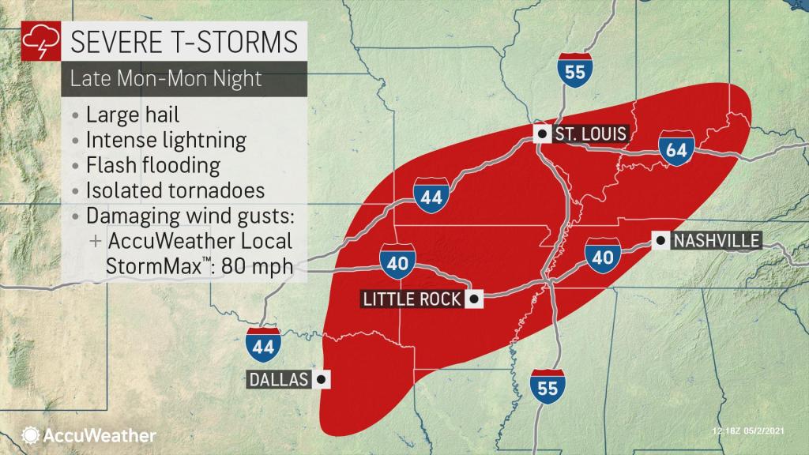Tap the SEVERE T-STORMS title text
click(x=184, y=40)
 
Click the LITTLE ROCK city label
click(x=412, y=299)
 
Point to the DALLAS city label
click(x=277, y=380)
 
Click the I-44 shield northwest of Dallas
click(x=262, y=345)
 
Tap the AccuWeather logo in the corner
click(x=89, y=435)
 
